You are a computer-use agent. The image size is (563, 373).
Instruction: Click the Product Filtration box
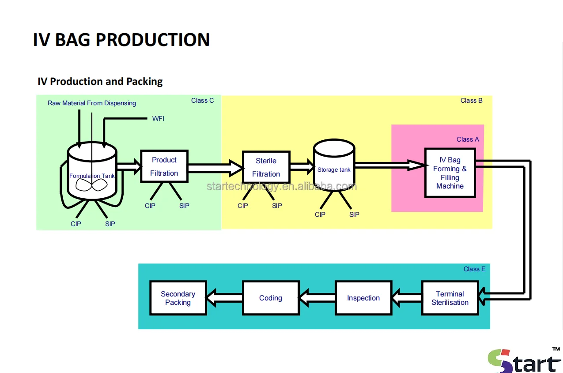click(164, 166)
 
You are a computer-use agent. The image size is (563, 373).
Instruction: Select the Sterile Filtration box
click(266, 167)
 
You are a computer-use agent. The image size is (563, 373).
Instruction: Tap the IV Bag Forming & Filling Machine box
click(450, 173)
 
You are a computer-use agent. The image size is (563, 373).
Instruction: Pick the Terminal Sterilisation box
click(450, 298)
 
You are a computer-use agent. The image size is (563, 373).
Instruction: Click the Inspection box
click(363, 298)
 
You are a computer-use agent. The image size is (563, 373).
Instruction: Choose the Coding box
click(271, 298)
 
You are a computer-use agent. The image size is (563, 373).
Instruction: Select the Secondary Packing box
click(178, 298)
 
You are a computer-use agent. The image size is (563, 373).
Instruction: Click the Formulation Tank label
click(92, 176)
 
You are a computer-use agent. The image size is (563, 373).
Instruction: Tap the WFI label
click(158, 119)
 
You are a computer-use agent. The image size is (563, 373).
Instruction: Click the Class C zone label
click(202, 100)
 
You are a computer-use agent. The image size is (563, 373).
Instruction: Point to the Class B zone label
click(471, 100)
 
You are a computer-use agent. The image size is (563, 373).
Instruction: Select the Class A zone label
click(468, 139)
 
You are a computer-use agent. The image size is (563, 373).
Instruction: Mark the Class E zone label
click(474, 269)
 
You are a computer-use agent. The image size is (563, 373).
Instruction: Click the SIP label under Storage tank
click(354, 215)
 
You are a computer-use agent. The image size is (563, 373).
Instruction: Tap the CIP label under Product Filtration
click(150, 206)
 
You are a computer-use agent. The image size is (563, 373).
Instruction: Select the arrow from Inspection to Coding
click(317, 298)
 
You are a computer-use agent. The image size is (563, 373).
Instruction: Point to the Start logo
click(524, 360)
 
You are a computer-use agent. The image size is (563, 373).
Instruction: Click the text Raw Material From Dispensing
click(92, 103)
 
